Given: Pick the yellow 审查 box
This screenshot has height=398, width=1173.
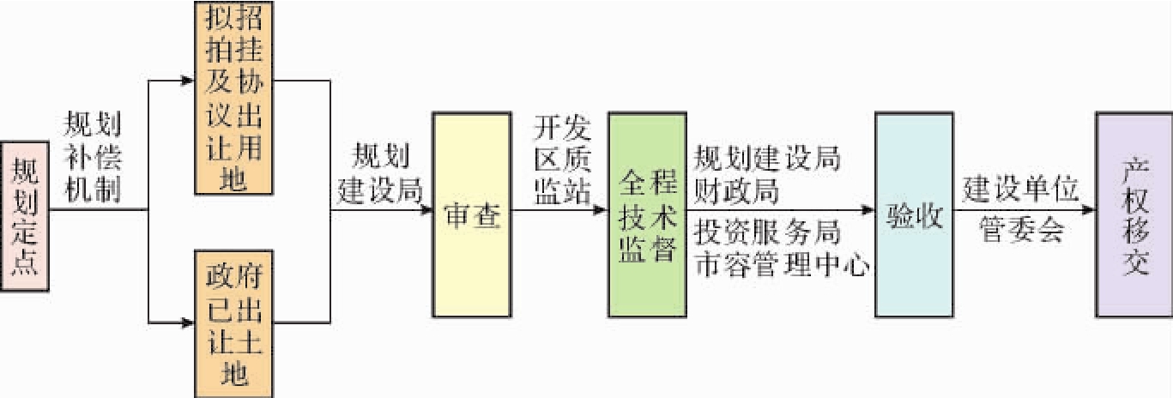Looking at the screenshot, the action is [469, 214].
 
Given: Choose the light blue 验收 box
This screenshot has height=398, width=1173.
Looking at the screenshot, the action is [912, 214].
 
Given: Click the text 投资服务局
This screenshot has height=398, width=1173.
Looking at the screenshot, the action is [767, 232].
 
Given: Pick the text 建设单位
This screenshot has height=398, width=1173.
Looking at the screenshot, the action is [1020, 190].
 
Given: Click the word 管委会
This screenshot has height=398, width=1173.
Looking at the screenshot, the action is [1021, 232].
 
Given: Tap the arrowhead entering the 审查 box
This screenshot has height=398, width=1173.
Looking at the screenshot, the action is [426, 209].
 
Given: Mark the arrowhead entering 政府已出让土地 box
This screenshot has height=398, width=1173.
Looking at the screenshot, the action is [188, 323].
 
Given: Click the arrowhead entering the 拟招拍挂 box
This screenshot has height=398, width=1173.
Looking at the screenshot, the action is [188, 81].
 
